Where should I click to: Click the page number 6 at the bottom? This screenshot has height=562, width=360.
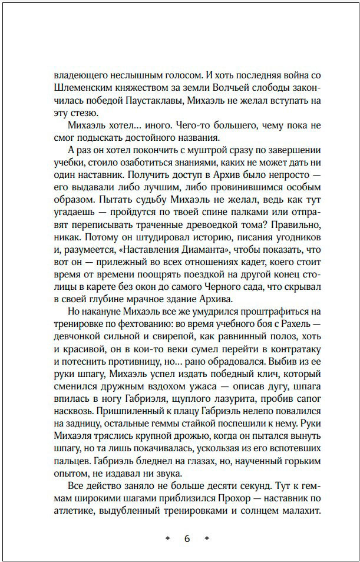[186, 539]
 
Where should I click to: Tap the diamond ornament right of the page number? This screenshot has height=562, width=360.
[206, 539]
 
